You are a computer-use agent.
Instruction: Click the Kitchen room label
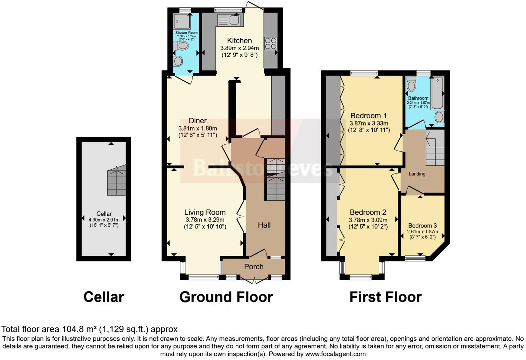tap(239, 40)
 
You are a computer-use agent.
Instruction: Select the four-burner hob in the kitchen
tap(271, 44)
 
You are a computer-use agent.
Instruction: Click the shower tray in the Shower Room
tap(182, 21)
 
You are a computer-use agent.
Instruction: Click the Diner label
tap(198, 120)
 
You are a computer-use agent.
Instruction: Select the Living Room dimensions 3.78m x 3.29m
tap(205, 220)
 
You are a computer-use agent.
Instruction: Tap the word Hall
tap(264, 225)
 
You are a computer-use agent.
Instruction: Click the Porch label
tap(254, 267)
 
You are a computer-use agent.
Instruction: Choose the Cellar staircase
tap(116, 182)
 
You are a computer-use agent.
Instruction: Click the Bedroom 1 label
tap(369, 116)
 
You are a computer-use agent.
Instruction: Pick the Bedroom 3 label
tap(422, 226)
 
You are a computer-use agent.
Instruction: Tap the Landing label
tap(417, 174)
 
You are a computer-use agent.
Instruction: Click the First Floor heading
tap(385, 297)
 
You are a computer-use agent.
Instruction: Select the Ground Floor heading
tap(226, 297)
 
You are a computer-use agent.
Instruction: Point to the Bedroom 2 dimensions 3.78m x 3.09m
tap(368, 220)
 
